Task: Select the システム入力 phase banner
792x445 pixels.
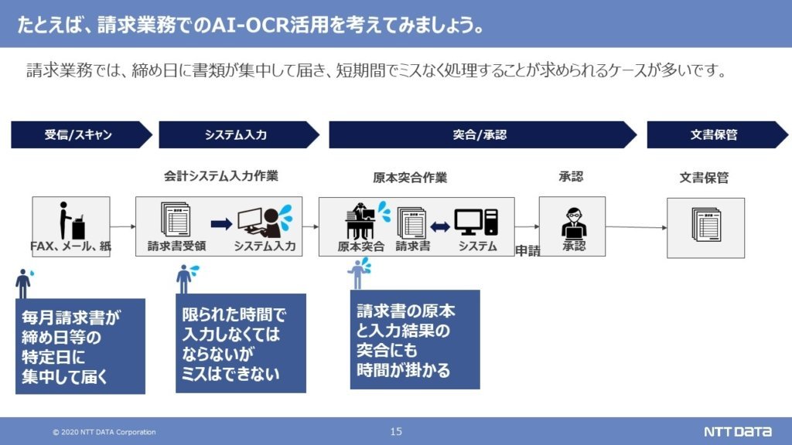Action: tap(238, 134)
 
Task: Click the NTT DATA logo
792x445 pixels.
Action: tap(737, 431)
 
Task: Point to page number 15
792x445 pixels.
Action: tap(396, 431)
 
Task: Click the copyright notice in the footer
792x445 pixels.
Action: tap(104, 432)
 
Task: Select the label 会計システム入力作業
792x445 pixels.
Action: tap(220, 175)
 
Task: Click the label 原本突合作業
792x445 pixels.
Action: tap(410, 178)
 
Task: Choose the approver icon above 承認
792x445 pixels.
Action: tap(574, 222)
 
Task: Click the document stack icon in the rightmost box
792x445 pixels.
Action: tap(705, 225)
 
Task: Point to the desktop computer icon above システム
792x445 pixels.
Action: tap(476, 222)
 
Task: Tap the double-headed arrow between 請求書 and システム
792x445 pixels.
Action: tap(440, 227)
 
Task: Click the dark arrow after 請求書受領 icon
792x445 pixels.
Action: tap(221, 223)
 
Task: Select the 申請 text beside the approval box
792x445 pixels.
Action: tap(527, 251)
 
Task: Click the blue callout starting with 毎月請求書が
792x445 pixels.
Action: tap(80, 346)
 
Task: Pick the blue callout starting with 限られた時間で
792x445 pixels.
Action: tap(241, 343)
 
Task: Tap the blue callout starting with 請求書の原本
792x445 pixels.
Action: tap(415, 340)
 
